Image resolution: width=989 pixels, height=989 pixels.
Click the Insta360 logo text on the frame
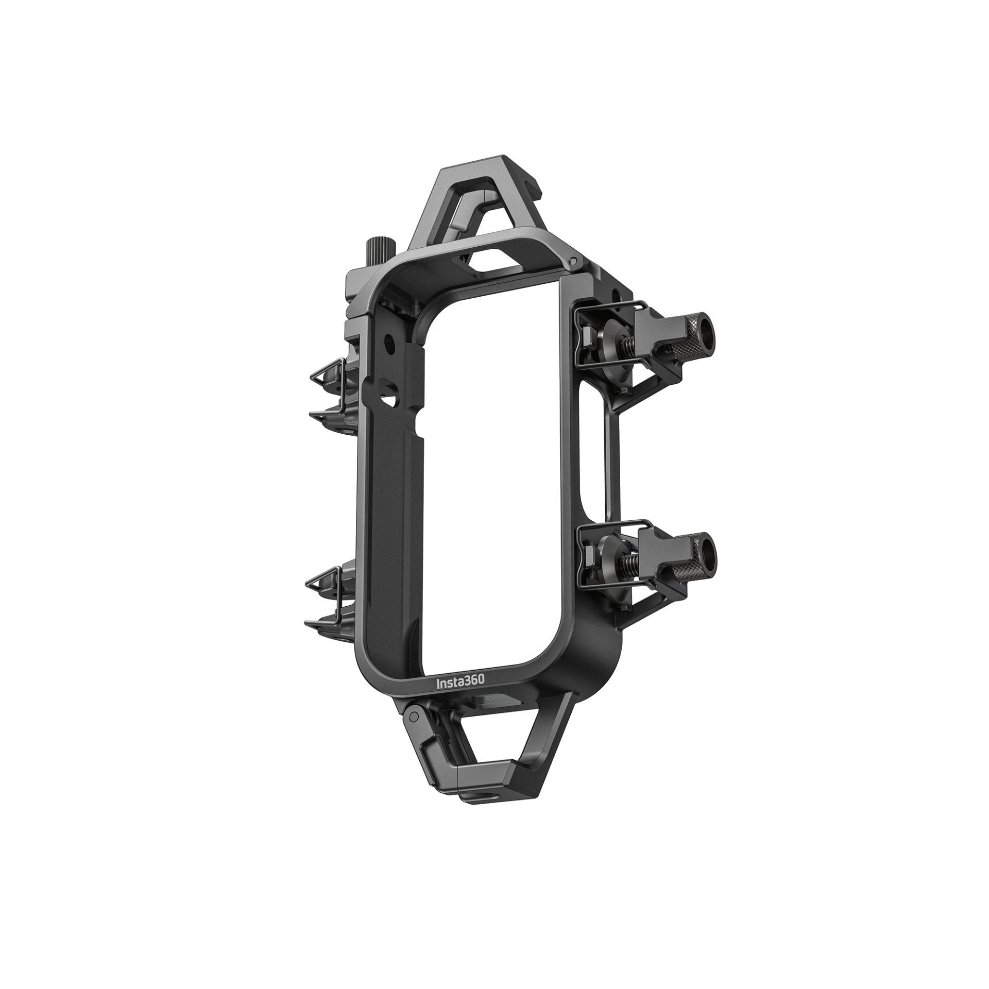pos(461,681)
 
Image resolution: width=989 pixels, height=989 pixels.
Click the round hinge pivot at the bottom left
pos(414,717)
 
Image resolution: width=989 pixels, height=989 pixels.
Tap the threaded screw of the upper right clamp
pos(626,342)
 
